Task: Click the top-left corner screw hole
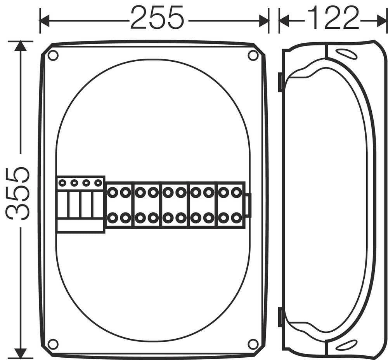tap(53, 55)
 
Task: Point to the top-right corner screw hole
tap(253, 55)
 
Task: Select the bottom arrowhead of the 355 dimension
tap(20, 353)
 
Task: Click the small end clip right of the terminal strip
tap(248, 205)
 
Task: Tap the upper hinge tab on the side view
tap(280, 82)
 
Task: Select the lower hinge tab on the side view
tap(280, 317)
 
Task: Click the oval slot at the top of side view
tap(346, 54)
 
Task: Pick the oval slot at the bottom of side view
tap(346, 345)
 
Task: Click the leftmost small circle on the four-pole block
tap(62, 182)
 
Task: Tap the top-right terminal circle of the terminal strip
tap(236, 192)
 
